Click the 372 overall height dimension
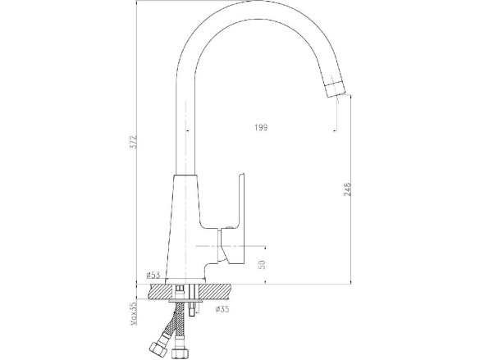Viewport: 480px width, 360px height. click(x=134, y=142)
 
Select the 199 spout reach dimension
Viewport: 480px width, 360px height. click(x=261, y=127)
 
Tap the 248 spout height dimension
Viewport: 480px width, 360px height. click(x=347, y=189)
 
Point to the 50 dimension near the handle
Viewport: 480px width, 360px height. click(x=262, y=265)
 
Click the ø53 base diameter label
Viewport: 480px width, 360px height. click(x=153, y=275)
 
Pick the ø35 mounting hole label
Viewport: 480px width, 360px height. click(x=222, y=309)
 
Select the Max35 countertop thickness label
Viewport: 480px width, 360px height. click(x=134, y=312)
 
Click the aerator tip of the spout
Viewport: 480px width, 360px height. click(x=335, y=89)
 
